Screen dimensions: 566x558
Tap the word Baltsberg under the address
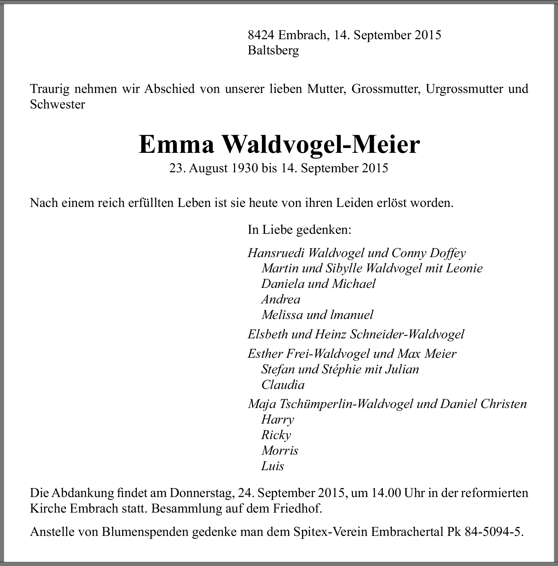pos(273,51)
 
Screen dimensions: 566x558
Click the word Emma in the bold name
pos(176,144)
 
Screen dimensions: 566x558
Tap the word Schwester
pos(57,104)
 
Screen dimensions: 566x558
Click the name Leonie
pos(464,268)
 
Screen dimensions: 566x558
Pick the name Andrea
pos(281,299)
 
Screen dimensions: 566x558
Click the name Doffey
pos(448,253)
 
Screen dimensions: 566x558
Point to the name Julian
pos(402,369)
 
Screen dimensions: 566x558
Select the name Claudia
pos(283,385)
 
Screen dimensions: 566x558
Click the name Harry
pos(277,420)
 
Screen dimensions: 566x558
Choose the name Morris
pos(280,450)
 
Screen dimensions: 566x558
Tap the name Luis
pos(273,466)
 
